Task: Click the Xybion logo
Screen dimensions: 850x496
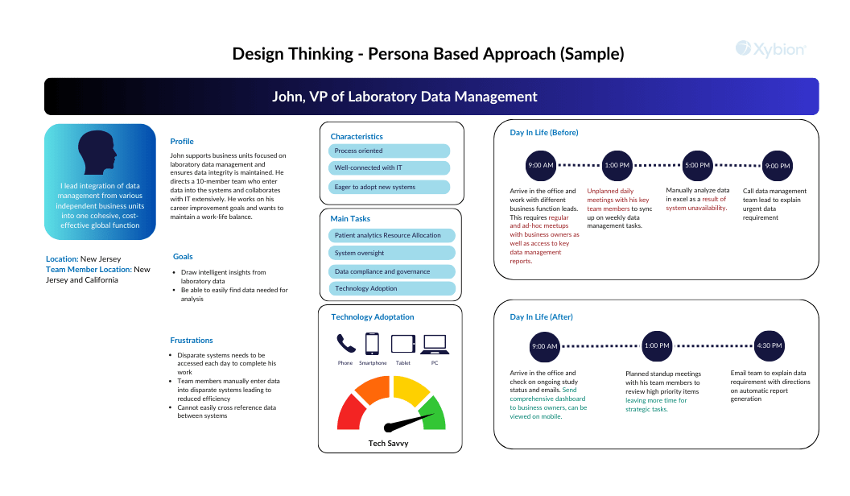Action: pos(770,49)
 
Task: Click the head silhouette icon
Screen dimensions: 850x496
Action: pos(97,152)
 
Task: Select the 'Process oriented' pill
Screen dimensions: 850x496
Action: pos(389,151)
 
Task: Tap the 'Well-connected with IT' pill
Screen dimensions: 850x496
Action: pos(389,168)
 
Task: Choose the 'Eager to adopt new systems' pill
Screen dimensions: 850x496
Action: pos(389,187)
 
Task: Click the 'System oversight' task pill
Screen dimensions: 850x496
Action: pos(391,253)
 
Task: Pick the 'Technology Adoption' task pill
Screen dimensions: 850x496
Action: pos(391,288)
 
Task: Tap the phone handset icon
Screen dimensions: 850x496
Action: pos(346,344)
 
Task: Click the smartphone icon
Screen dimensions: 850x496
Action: pos(372,344)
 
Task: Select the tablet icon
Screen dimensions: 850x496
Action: pos(402,344)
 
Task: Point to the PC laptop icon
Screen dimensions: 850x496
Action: pos(435,344)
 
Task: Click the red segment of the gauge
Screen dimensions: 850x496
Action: pos(351,413)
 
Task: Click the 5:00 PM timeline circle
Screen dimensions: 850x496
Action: pos(697,166)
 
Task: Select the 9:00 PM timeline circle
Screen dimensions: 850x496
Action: pos(777,166)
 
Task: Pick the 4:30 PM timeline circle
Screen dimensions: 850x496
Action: pos(770,346)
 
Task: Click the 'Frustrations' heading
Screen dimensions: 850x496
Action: pos(192,341)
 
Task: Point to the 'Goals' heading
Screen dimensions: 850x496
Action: pos(183,256)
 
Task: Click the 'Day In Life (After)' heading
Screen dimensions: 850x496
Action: pos(541,317)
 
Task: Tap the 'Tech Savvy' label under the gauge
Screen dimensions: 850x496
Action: pos(388,444)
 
